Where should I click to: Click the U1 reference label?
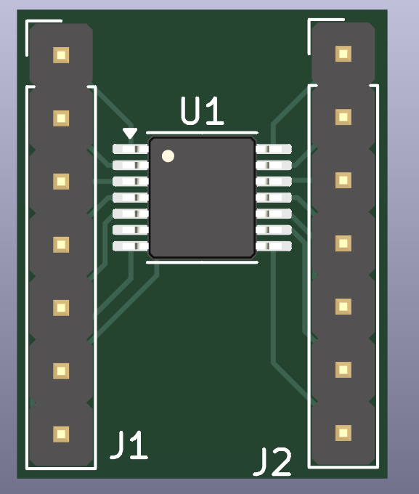(203, 113)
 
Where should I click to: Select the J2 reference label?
(272, 462)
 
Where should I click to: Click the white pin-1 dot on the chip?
(168, 155)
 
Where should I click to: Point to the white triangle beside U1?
(129, 134)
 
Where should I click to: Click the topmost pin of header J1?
(61, 54)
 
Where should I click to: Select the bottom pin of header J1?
(61, 434)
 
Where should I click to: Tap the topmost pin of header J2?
(343, 53)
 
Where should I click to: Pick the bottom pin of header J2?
(343, 432)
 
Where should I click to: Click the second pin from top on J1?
(61, 118)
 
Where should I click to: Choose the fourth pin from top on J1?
(61, 244)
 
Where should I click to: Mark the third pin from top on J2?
(343, 179)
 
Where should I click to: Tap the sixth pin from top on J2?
(343, 369)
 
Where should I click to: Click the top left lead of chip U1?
(131, 149)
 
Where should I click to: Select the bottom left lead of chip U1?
(131, 246)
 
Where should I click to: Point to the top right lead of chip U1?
(274, 149)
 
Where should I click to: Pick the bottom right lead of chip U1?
(274, 246)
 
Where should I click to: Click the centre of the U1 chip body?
(202, 198)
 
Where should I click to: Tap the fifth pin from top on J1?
(61, 307)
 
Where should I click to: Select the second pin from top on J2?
(343, 116)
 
